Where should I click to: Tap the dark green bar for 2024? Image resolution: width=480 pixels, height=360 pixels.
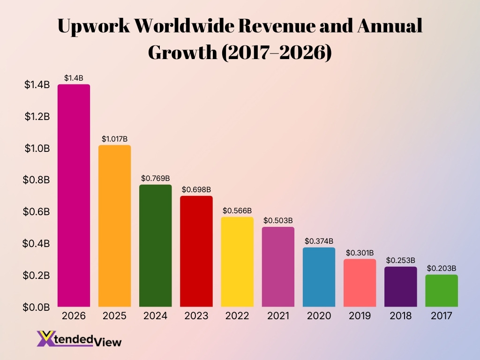[x=155, y=246]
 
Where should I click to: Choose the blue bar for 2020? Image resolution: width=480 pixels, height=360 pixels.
[x=319, y=277]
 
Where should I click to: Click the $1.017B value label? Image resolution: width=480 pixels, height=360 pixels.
[x=114, y=139]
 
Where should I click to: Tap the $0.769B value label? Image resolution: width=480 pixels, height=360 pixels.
[x=155, y=179]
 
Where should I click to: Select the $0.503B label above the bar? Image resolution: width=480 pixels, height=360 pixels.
[x=278, y=220]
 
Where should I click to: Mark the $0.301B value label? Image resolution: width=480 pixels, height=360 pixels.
[x=360, y=253]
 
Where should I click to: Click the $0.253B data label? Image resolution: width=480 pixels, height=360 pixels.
[x=401, y=260]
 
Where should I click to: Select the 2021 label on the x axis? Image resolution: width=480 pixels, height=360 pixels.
[x=278, y=316]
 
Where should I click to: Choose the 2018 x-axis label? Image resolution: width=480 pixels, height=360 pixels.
[x=401, y=316]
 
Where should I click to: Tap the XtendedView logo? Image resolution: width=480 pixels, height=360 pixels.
[x=79, y=339]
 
